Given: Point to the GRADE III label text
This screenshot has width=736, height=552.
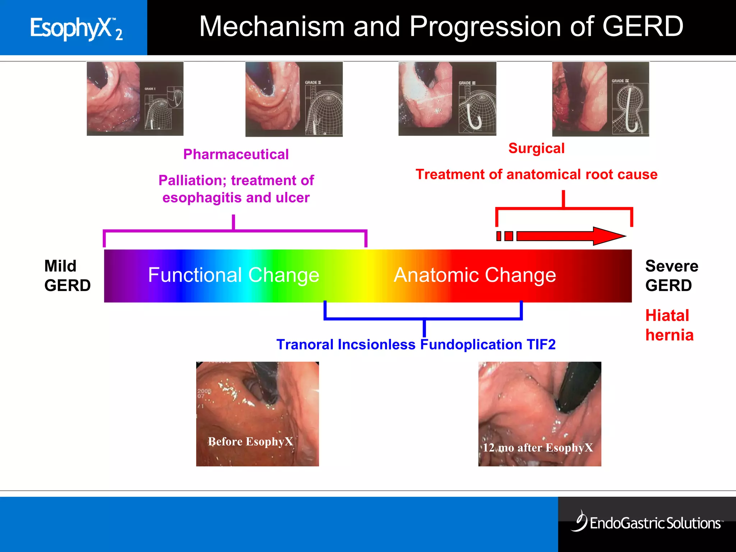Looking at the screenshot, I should (x=467, y=83).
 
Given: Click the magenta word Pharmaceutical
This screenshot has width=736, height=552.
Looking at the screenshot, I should (x=236, y=155).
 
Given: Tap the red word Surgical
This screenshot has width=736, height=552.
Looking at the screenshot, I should (x=536, y=148).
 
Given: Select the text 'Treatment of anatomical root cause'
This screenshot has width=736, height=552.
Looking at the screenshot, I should (x=536, y=175).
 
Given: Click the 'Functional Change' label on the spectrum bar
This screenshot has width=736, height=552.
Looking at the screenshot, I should (x=234, y=275).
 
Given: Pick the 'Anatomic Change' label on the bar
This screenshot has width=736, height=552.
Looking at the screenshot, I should (x=474, y=275).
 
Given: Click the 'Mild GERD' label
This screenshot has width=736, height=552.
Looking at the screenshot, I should (x=67, y=276).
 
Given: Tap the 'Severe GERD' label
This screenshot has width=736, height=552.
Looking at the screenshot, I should (x=671, y=276).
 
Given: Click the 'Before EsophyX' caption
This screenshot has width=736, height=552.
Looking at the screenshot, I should (x=250, y=441).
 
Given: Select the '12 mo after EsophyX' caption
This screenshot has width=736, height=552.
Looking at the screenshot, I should (x=538, y=448).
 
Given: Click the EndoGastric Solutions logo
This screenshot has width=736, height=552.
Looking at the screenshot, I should (x=647, y=522).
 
